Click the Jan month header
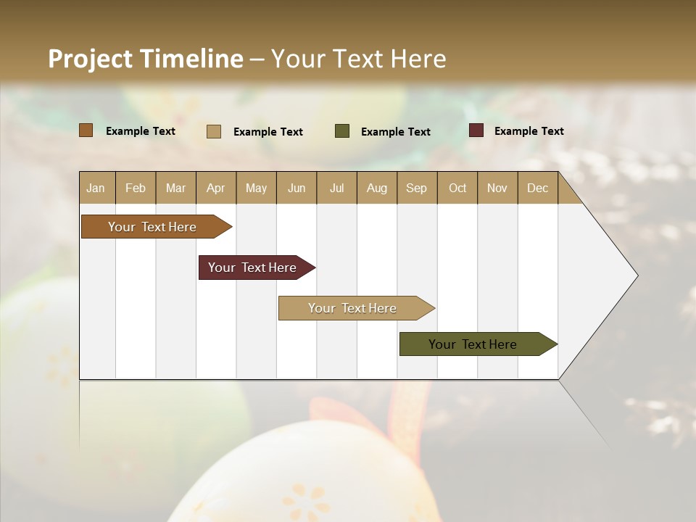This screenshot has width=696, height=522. pyautogui.click(x=96, y=188)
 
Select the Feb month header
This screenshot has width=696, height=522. pyautogui.click(x=136, y=188)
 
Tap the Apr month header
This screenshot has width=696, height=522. pyautogui.click(x=216, y=188)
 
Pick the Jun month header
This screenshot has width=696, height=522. pyautogui.click(x=297, y=188)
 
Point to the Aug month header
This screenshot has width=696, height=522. pyautogui.click(x=377, y=188)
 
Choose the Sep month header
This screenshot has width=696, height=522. pyautogui.click(x=417, y=188)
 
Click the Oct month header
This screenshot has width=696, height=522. pyautogui.click(x=457, y=188)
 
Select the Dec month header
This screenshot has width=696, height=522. pyautogui.click(x=538, y=188)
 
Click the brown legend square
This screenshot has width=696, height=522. pyautogui.click(x=86, y=130)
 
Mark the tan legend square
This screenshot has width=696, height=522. pyautogui.click(x=214, y=131)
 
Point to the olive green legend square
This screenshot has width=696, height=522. pyautogui.click(x=342, y=131)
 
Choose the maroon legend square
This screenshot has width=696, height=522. pyautogui.click(x=476, y=130)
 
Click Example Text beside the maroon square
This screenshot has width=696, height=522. pyautogui.click(x=529, y=131)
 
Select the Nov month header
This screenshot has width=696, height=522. pyautogui.click(x=497, y=188)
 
